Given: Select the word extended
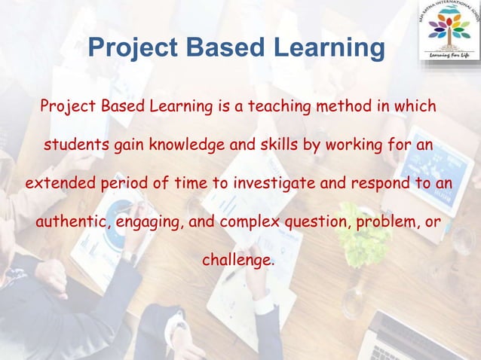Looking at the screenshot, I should click(54, 184).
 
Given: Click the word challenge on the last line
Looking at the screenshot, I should click(236, 261).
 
